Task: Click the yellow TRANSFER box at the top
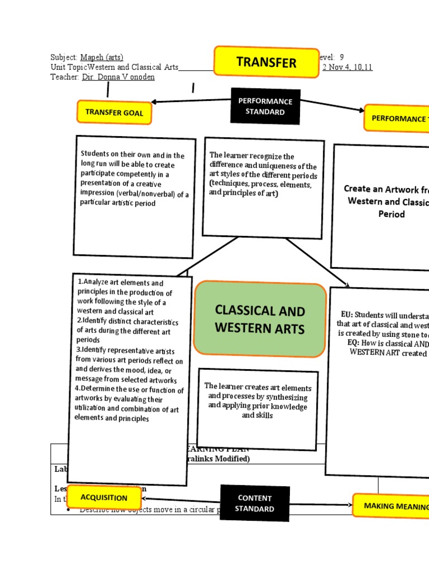(x=265, y=62)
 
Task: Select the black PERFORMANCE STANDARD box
(x=265, y=107)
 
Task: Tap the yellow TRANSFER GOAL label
(x=114, y=113)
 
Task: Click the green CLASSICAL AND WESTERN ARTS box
(x=260, y=319)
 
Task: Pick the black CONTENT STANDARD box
(x=255, y=503)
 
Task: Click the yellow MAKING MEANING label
(x=391, y=506)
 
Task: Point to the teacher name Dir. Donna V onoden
(x=118, y=77)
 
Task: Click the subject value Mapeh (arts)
(x=102, y=57)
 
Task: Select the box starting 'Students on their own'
(x=135, y=196)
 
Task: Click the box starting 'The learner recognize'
(x=263, y=187)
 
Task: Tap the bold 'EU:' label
(x=347, y=314)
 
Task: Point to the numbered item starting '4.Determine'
(x=128, y=404)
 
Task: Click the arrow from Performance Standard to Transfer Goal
(x=190, y=101)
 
